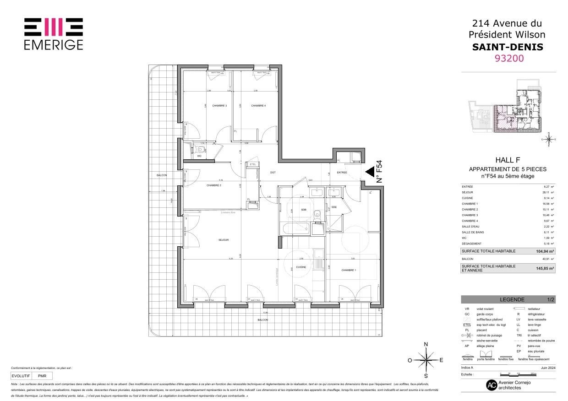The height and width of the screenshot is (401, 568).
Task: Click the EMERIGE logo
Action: tap(54, 33)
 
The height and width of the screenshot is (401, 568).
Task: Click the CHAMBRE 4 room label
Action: tap(258, 106)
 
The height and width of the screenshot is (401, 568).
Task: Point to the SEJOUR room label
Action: tap(223, 240)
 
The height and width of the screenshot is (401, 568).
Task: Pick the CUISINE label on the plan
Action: tap(301, 267)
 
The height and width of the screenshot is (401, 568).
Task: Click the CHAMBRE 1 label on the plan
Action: tap(349, 271)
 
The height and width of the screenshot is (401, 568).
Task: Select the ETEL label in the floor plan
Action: tap(252, 164)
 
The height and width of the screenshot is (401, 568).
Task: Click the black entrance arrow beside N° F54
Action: tap(369, 172)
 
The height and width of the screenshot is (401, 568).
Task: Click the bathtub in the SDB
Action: tap(295, 229)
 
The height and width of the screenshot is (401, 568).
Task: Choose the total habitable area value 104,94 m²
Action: tap(545, 251)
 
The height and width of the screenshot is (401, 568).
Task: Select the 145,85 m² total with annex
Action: tap(545, 268)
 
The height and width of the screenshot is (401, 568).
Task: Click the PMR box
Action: tap(42, 376)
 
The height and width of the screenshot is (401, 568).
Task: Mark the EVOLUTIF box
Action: tap(21, 376)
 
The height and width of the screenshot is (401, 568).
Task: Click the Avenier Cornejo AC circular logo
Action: tap(492, 385)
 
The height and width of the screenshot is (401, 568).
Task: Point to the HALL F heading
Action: tap(507, 160)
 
